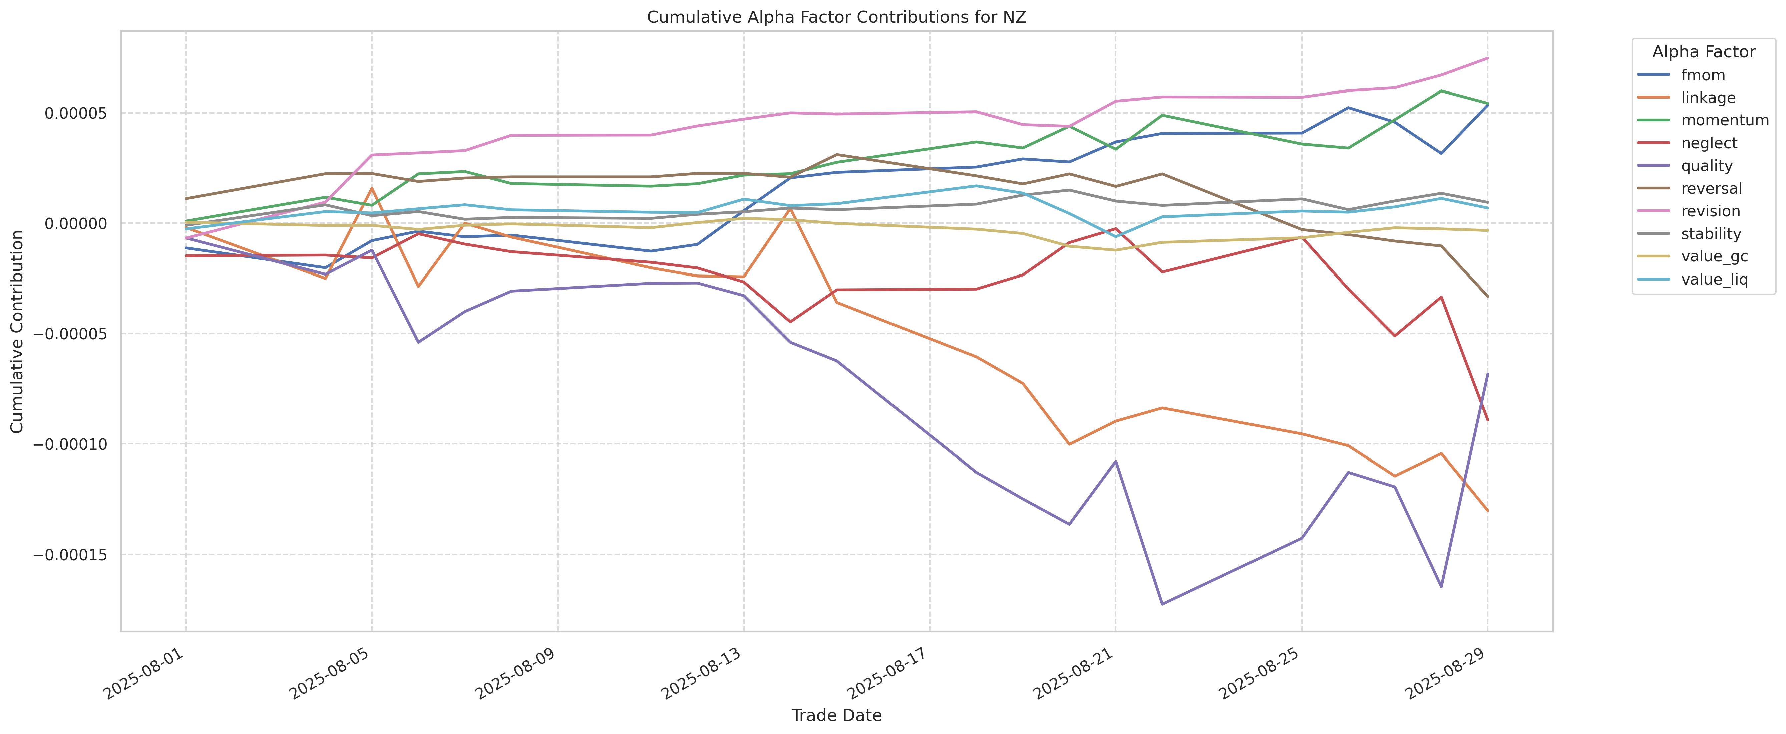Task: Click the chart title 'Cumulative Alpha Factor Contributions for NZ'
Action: coord(836,17)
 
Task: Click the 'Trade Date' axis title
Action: coord(836,715)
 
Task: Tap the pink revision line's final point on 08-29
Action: coord(1487,58)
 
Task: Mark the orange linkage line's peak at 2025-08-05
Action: coord(372,188)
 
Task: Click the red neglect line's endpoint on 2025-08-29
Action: coord(1487,420)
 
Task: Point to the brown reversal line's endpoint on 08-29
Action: coord(1487,296)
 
